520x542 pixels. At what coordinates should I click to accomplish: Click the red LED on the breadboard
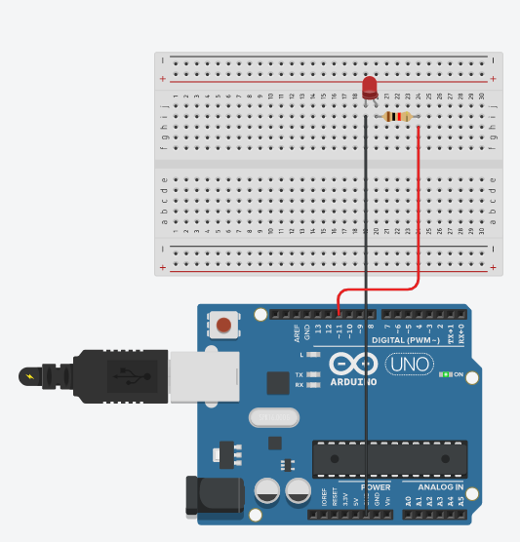[x=370, y=87]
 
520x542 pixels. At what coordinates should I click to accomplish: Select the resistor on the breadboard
[x=395, y=117]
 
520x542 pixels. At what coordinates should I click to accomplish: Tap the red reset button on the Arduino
[x=224, y=325]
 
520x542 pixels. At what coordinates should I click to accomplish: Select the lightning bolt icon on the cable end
[x=30, y=374]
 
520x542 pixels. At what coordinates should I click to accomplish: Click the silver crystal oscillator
[x=272, y=417]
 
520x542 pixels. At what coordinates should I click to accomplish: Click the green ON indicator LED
[x=444, y=374]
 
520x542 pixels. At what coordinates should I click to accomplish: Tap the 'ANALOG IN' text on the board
[x=441, y=485]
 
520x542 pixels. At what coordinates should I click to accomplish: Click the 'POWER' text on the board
[x=376, y=485]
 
